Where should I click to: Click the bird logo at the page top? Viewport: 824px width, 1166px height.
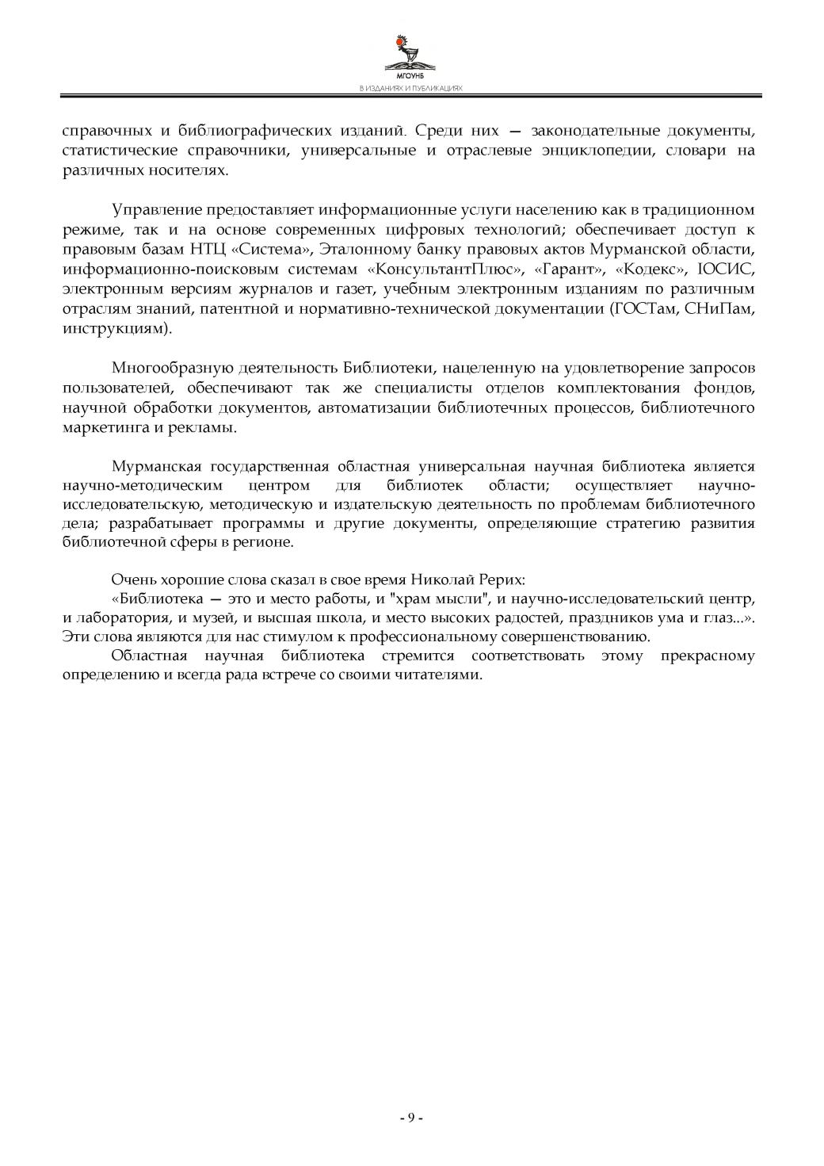click(x=410, y=52)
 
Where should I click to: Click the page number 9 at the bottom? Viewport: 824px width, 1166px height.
click(x=411, y=1118)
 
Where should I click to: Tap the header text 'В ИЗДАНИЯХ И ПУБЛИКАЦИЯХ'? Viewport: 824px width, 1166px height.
click(x=410, y=89)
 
